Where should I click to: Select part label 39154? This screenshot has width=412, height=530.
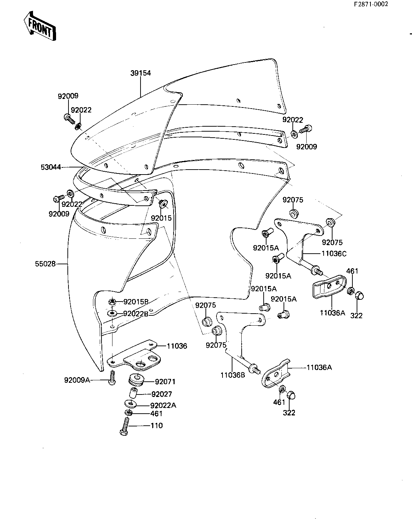(x=141, y=73)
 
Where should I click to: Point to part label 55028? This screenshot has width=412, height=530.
(x=46, y=264)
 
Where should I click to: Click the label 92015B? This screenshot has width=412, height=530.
(x=136, y=302)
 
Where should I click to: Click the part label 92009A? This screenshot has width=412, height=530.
(x=77, y=380)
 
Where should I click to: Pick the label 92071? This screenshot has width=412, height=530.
(x=165, y=382)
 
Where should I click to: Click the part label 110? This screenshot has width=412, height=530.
(x=156, y=425)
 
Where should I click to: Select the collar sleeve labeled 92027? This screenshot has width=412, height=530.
(x=133, y=393)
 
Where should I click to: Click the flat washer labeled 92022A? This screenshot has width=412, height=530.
(x=131, y=404)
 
